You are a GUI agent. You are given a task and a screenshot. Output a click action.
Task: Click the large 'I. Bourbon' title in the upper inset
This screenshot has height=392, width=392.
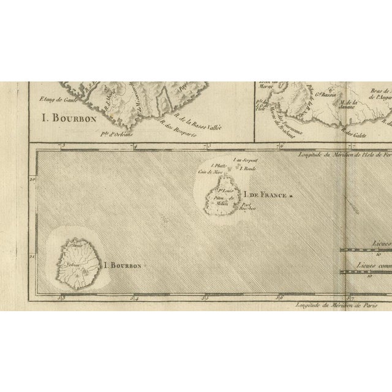(69, 118)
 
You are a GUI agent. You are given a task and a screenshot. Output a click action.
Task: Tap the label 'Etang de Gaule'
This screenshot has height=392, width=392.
(56, 98)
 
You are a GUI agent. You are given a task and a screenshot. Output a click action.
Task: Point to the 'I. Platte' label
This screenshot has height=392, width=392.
(219, 166)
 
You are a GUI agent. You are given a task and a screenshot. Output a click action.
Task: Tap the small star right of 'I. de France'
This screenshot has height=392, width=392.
(292, 196)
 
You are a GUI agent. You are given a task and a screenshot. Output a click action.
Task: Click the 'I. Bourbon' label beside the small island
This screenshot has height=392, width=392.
(123, 266)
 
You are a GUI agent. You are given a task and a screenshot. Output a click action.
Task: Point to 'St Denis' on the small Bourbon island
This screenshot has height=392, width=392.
(76, 246)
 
